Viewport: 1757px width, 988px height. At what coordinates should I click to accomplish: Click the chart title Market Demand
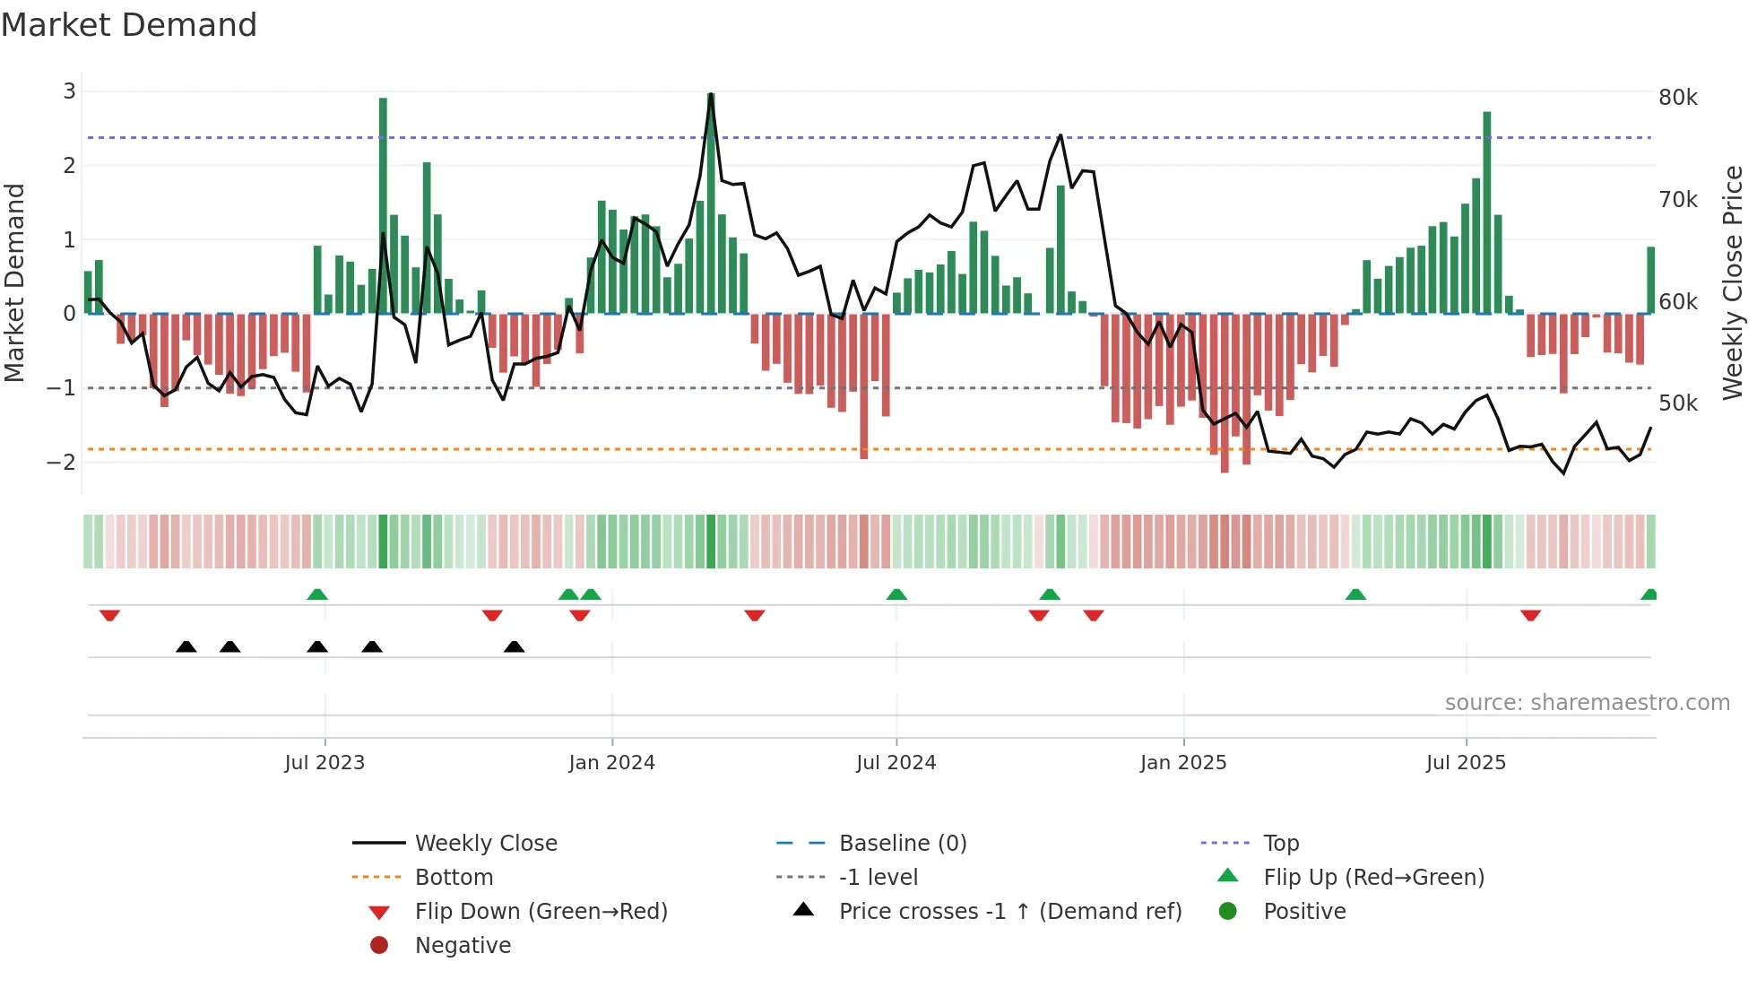pos(129,25)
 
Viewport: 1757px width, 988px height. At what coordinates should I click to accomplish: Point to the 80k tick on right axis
pos(1677,97)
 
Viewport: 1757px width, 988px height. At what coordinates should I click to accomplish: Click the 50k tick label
pos(1677,403)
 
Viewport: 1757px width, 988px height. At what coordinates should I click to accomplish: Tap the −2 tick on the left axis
pos(61,463)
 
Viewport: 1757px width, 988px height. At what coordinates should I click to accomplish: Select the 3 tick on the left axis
pos(69,91)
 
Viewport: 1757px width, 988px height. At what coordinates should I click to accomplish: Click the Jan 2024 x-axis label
pos(611,763)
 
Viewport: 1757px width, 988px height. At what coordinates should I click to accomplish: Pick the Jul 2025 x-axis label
pos(1466,763)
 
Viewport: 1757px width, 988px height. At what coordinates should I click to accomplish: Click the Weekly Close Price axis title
pos(1733,282)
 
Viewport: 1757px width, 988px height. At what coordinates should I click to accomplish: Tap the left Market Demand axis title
pos(14,282)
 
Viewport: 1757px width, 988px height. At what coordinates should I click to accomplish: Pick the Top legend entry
pos(1280,844)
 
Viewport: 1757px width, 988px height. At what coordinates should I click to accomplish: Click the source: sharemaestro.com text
pos(1587,703)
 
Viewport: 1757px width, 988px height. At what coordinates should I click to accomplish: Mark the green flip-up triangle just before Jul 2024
pos(896,594)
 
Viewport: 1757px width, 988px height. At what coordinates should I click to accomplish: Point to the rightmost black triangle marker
pos(514,646)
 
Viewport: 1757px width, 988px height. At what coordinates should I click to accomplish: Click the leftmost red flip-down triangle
pos(109,615)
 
